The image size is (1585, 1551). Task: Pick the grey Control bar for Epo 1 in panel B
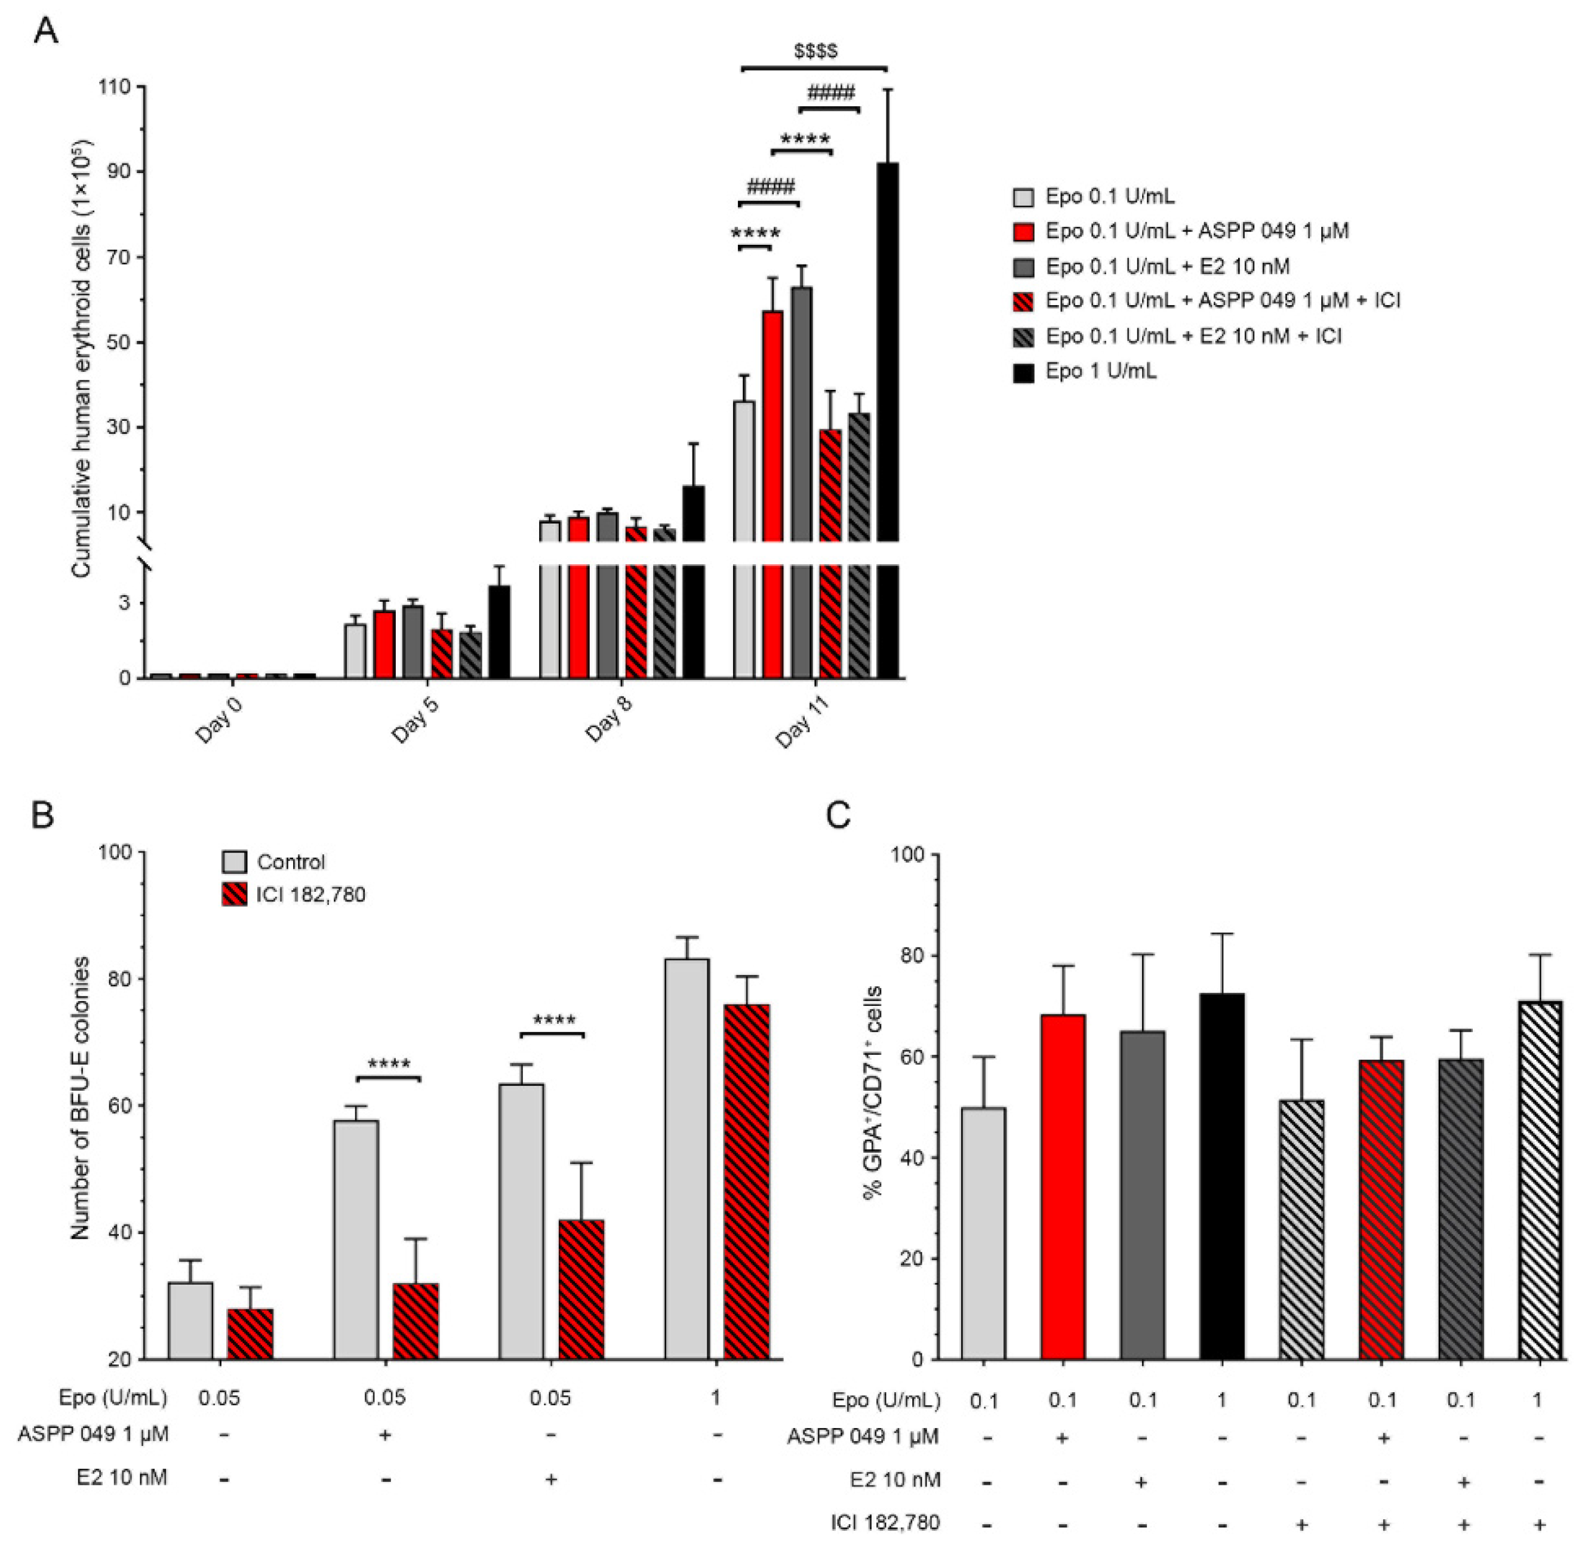click(x=687, y=1157)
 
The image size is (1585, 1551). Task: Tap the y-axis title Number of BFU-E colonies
click(x=80, y=1100)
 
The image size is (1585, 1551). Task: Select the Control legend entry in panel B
click(x=290, y=862)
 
